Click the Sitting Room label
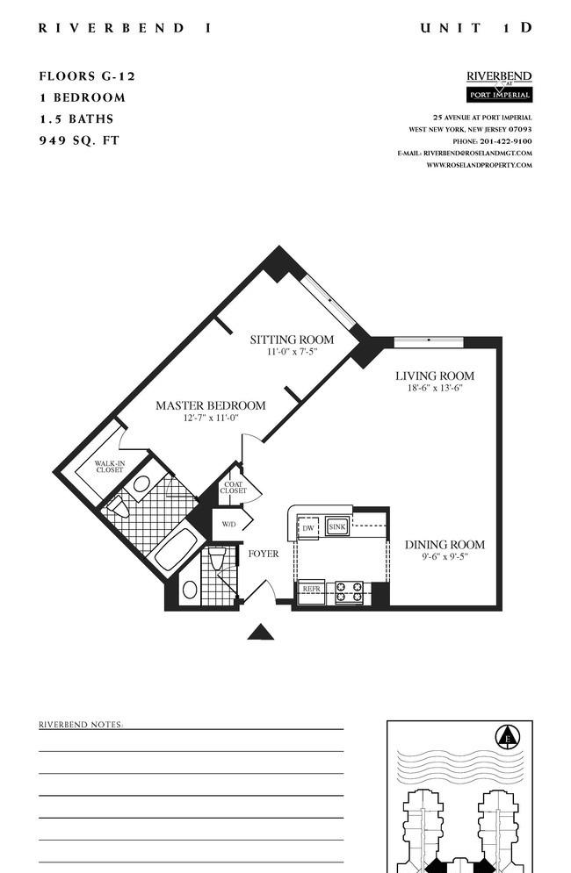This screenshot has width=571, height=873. point(292,340)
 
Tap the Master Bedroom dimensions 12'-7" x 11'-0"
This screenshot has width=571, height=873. point(211,419)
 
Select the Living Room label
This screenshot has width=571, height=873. point(435,376)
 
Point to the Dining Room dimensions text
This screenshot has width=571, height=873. point(445,556)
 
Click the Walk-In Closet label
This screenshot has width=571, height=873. point(110,467)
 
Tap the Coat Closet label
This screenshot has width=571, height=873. point(233,488)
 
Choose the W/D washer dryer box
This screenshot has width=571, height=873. point(229,525)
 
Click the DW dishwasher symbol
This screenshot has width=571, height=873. point(308,528)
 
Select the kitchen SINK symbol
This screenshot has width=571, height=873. point(337,526)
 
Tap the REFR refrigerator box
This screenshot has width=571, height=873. point(312,589)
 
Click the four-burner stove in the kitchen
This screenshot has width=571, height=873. point(349,592)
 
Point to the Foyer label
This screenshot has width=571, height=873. point(264,554)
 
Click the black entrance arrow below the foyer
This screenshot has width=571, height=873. point(260,632)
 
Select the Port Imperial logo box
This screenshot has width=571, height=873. point(499,95)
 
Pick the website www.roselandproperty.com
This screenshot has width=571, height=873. point(480,165)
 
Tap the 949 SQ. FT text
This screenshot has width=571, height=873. point(79,140)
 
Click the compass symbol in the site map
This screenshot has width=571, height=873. point(508,737)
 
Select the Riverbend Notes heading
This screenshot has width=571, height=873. point(81,725)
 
